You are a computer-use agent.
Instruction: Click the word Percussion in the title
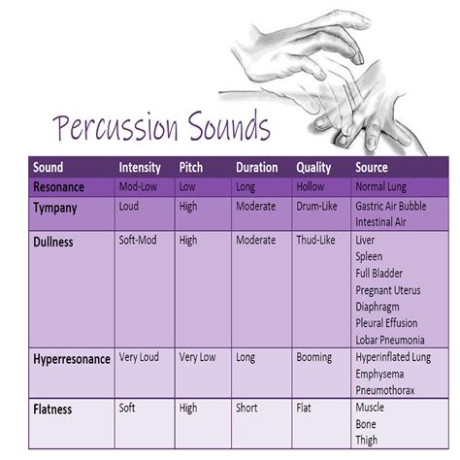[115, 127]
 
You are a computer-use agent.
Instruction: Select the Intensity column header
[140, 168]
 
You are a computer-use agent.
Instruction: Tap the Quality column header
[313, 168]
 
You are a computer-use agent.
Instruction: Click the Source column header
[372, 167]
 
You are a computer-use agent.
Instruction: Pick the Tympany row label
[55, 208]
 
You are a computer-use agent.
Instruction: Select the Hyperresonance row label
[72, 359]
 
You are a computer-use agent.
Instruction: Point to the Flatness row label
[52, 410]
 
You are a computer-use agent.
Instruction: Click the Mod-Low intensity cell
[138, 186]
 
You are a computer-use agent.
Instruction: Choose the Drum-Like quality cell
[316, 206]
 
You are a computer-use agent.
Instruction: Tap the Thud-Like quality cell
[315, 240]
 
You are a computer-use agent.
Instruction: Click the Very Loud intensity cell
[139, 357]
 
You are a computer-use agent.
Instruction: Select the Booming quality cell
[314, 358]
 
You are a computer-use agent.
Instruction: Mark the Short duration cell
[246, 408]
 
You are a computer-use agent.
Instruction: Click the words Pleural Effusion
[386, 323]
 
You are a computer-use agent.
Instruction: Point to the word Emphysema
[379, 375]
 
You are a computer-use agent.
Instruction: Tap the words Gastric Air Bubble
[391, 206]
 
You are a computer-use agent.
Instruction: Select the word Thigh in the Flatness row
[367, 441]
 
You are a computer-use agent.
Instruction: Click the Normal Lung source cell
[380, 187]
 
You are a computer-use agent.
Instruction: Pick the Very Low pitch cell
[197, 357]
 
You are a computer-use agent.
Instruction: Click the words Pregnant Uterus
[388, 290]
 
